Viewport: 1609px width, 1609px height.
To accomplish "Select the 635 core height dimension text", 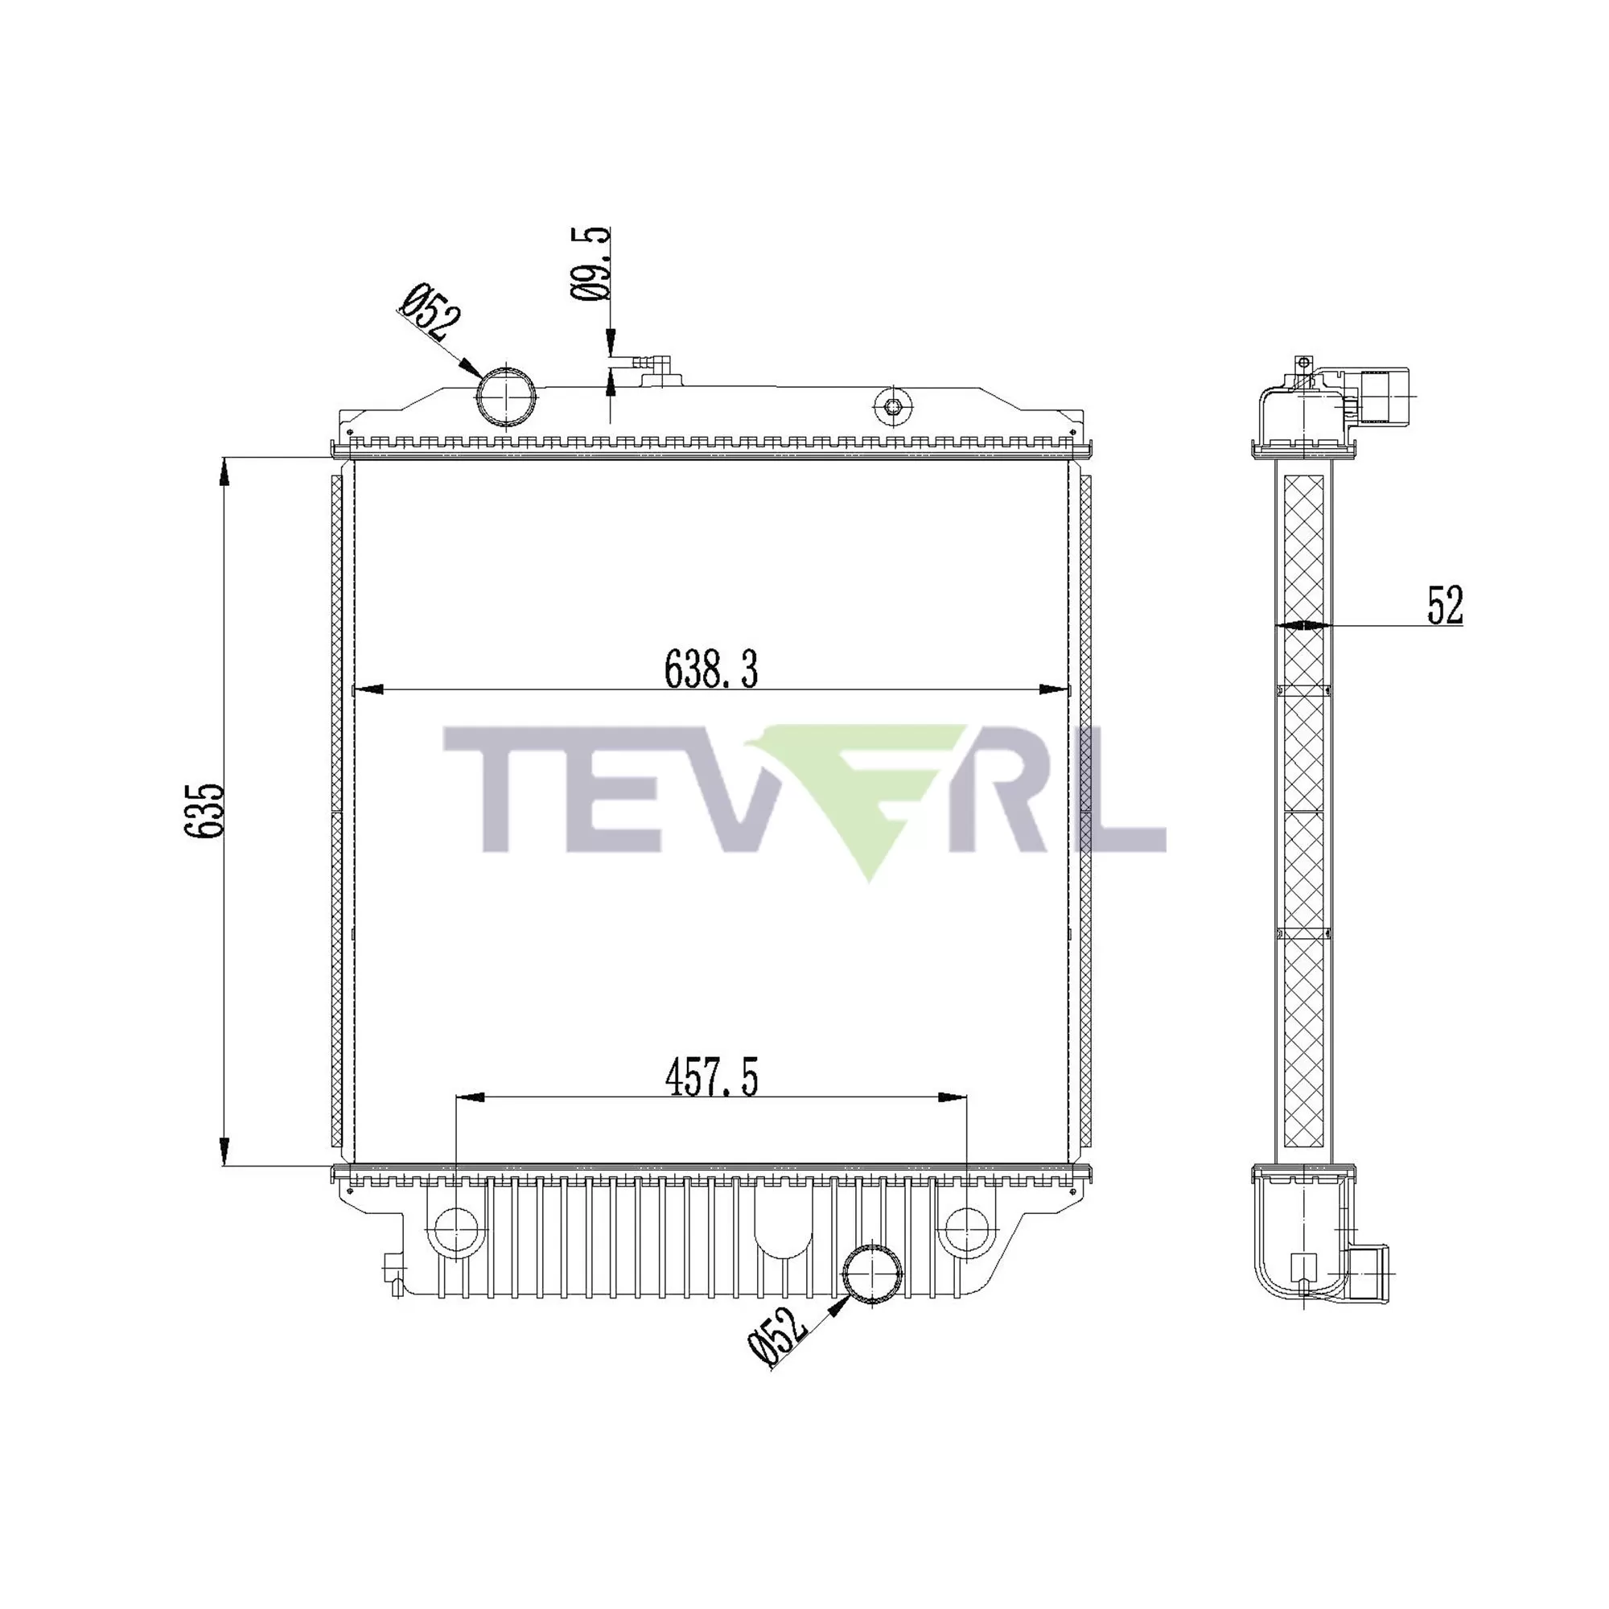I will [205, 810].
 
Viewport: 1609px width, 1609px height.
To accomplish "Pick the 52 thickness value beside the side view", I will [1444, 606].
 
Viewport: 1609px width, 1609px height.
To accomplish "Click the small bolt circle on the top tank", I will [893, 406].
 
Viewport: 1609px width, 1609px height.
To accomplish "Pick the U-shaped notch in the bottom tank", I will [783, 1240].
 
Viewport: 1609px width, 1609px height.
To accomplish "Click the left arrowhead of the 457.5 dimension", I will [470, 1097].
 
